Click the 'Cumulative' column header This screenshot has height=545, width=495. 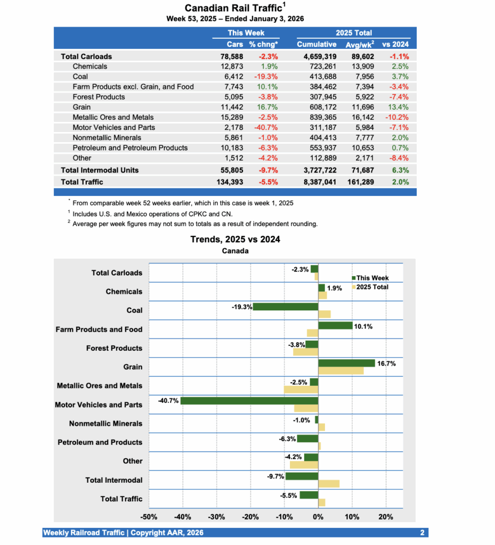pyautogui.click(x=317, y=44)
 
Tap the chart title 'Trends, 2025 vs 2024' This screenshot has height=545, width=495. pyautogui.click(x=235, y=240)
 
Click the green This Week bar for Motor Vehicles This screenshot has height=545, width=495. pyautogui.click(x=249, y=401)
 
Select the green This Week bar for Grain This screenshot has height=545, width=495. pyautogui.click(x=346, y=363)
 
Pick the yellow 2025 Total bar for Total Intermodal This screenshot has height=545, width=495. pyautogui.click(x=329, y=484)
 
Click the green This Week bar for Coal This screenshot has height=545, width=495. pyautogui.click(x=286, y=307)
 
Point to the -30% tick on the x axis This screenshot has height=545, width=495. pyautogui.click(x=216, y=517)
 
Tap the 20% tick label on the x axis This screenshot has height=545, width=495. pyautogui.click(x=386, y=517)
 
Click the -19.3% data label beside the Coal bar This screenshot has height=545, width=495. pyautogui.click(x=241, y=307)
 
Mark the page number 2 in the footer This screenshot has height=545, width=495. pyautogui.click(x=421, y=533)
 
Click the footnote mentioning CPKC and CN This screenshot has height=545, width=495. pyautogui.click(x=152, y=213)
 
